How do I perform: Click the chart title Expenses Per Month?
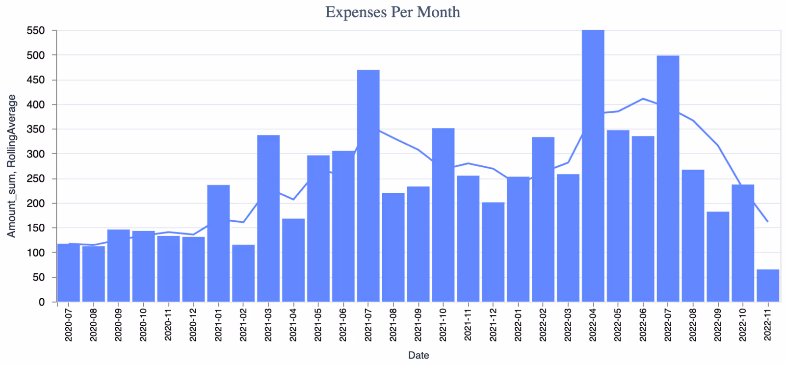(x=392, y=12)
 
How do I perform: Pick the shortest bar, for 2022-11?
(x=768, y=286)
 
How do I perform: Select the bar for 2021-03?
(x=268, y=218)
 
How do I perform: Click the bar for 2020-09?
(x=118, y=265)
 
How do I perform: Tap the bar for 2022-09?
(x=718, y=257)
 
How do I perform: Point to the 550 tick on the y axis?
(x=35, y=30)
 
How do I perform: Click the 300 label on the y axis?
(x=35, y=154)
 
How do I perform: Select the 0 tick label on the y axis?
(x=42, y=302)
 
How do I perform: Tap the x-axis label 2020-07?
(x=69, y=325)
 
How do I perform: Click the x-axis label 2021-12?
(x=493, y=325)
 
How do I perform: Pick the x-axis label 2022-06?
(x=643, y=325)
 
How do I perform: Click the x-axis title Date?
(x=419, y=355)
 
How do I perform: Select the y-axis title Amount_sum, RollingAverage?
(x=11, y=166)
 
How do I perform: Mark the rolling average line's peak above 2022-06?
(x=643, y=99)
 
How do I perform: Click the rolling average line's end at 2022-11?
(x=768, y=222)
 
